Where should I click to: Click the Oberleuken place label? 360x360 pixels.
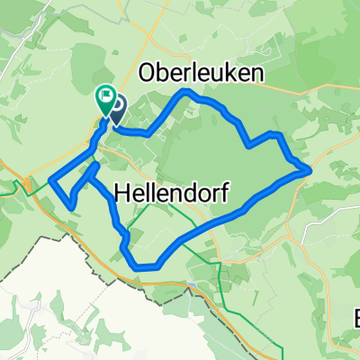coord(203,73)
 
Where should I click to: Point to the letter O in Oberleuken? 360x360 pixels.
coord(149,73)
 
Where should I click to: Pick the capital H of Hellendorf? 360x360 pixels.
coord(125,192)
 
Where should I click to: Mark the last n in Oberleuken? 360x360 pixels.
coord(259,73)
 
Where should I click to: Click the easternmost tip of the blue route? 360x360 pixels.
coord(310,167)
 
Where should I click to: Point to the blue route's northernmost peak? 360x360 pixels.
coord(185,92)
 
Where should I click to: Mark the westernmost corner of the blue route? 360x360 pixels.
coord(51,178)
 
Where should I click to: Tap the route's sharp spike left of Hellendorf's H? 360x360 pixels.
coord(93,165)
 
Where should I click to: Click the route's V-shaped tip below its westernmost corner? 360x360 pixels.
coord(71,208)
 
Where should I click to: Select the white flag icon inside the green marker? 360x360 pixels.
coord(105,93)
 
